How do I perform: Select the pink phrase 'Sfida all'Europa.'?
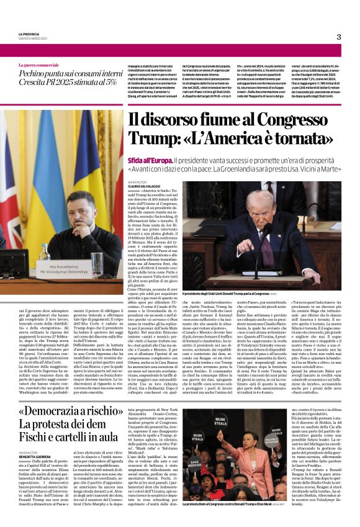click(151, 160)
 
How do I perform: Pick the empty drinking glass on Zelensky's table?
click(97, 263)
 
